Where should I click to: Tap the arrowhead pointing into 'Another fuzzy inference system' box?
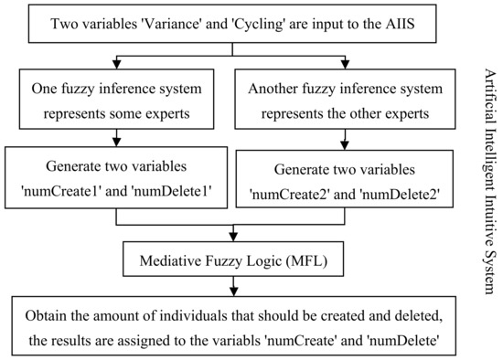pos(344,64)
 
